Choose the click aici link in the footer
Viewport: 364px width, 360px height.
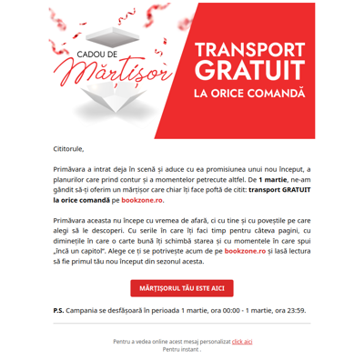coord(242,341)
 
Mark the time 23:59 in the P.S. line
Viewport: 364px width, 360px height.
coord(295,310)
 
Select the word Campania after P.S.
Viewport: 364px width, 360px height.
coord(92,310)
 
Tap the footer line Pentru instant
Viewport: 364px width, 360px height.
coord(181,349)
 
